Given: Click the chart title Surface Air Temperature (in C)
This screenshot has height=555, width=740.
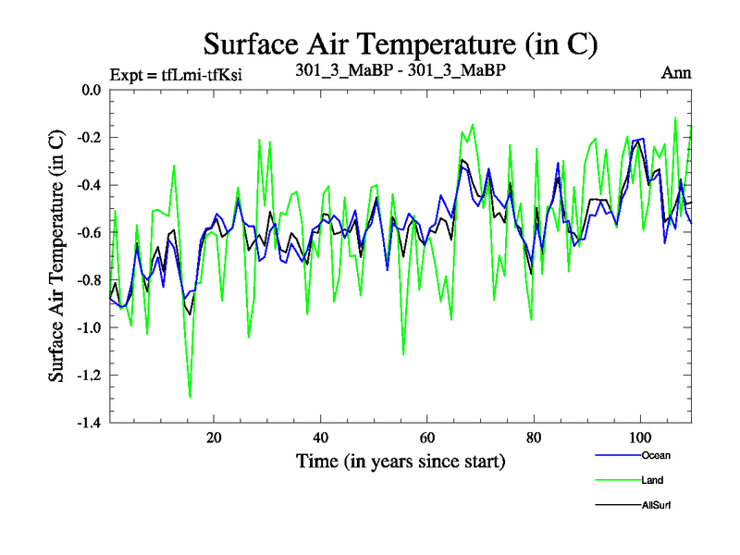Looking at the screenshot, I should pos(401,43).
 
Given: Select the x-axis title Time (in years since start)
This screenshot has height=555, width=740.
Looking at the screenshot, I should pos(401,460).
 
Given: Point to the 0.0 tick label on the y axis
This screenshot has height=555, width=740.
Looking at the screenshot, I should pos(90,91).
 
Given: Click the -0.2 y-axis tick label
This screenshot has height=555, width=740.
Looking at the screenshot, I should pos(88,138).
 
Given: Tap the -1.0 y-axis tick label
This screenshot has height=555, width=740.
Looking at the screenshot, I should pos(88,327).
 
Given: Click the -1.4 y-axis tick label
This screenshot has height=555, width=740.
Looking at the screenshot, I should pos(88,423).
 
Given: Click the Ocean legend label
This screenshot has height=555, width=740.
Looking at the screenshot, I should pos(655,455).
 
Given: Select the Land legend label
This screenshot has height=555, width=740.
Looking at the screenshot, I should pos(652,480).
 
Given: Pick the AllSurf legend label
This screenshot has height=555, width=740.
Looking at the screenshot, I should pos(655,505).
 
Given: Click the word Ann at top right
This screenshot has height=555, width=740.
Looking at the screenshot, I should pos(676,73).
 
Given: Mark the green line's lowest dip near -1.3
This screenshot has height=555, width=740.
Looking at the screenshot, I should pos(191,397).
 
